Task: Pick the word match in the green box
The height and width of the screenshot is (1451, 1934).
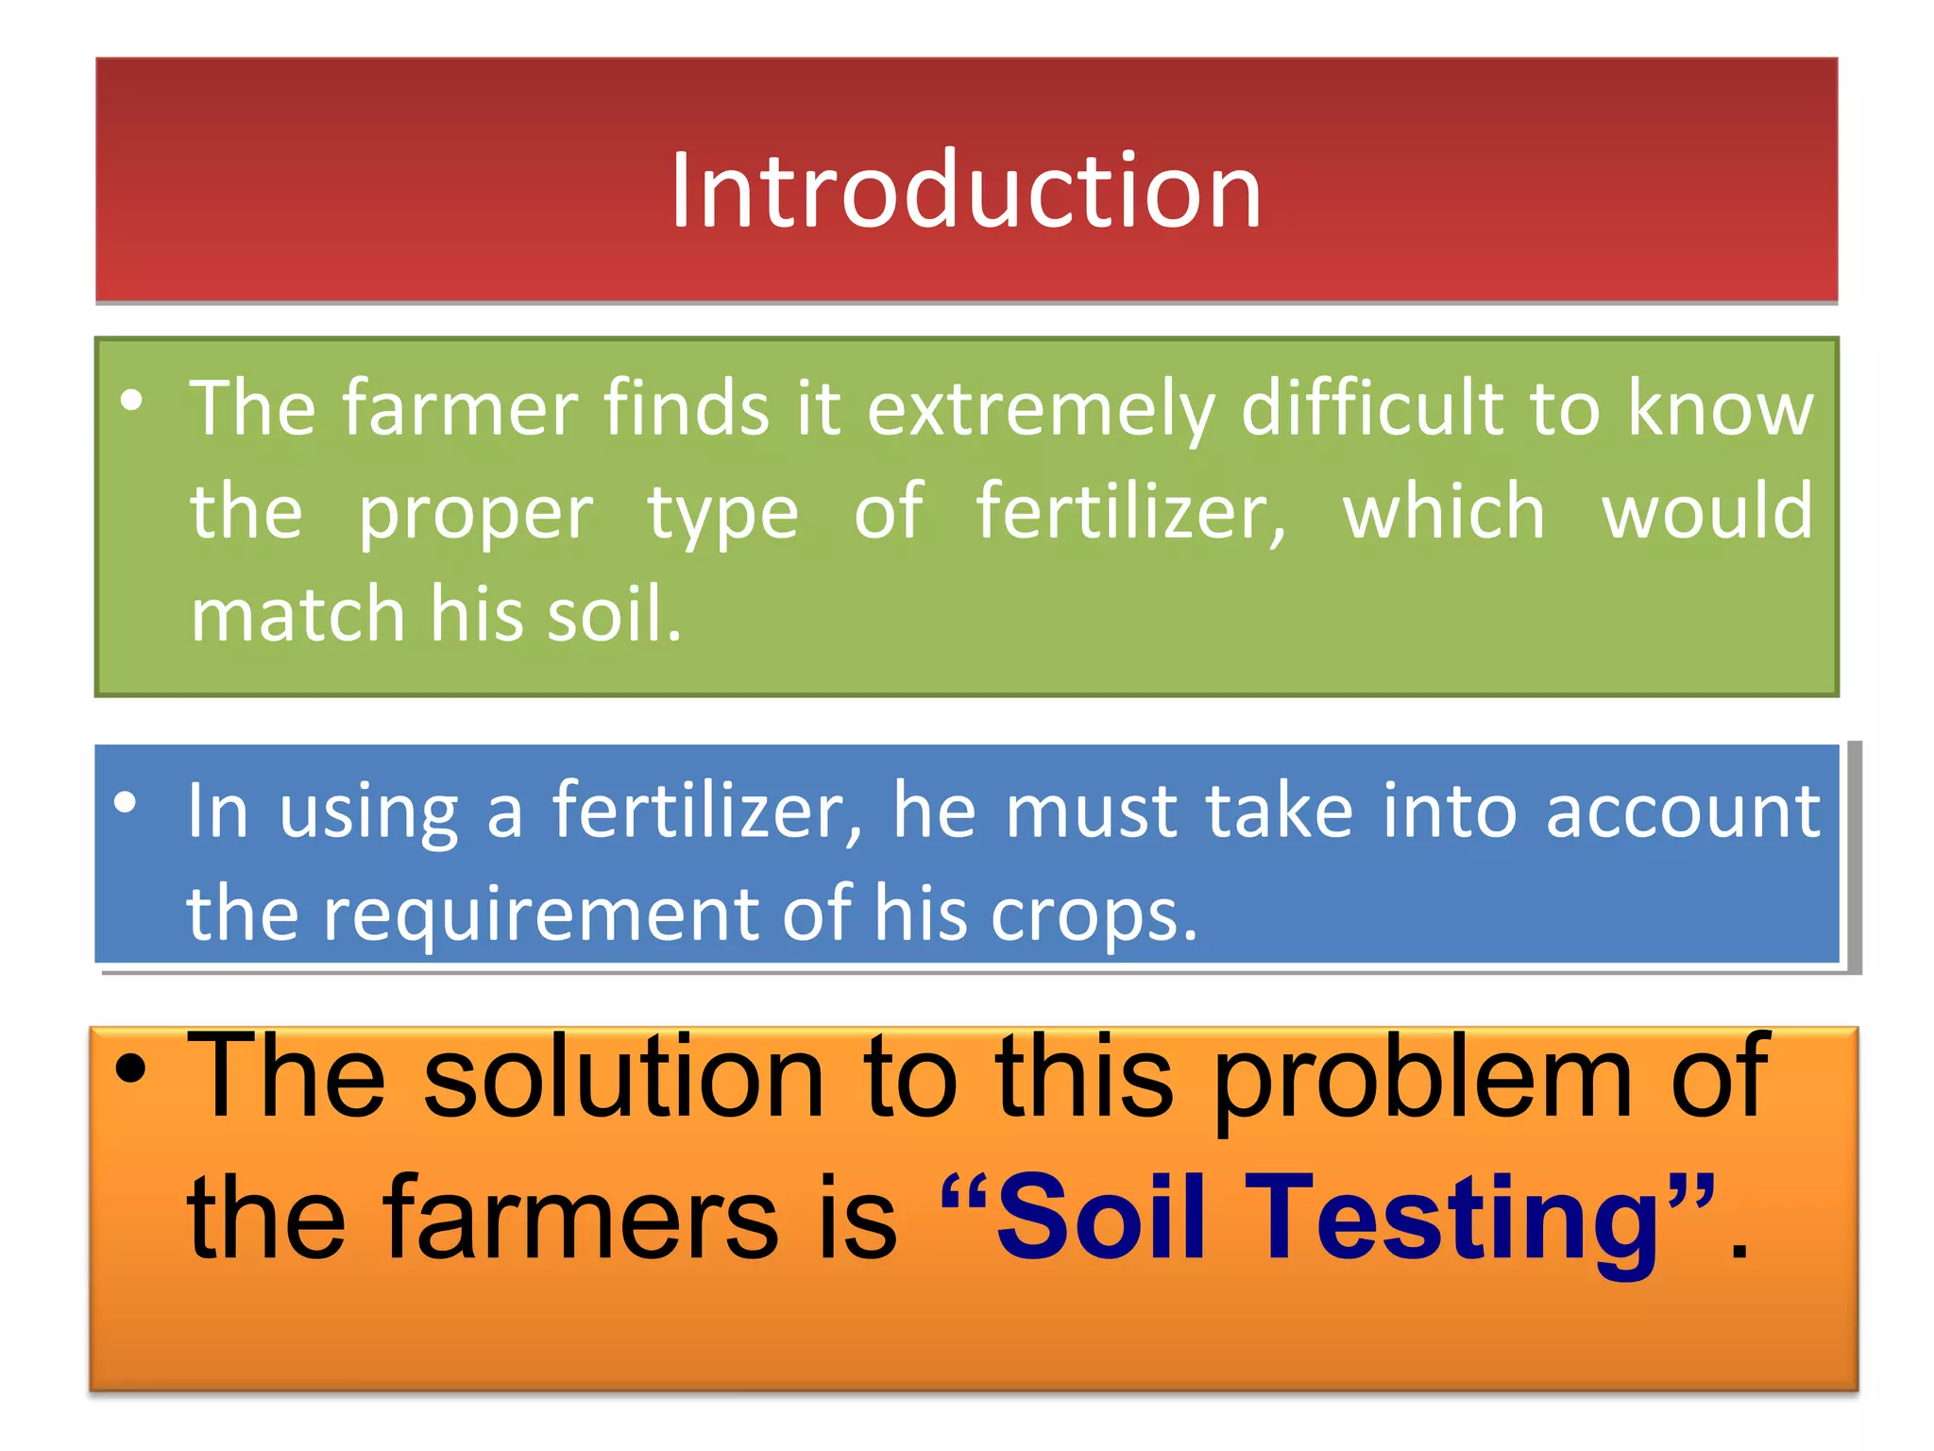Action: (x=297, y=614)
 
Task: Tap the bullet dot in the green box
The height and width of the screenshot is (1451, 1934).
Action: (x=132, y=401)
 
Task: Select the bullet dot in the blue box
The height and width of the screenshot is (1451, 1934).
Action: (x=126, y=804)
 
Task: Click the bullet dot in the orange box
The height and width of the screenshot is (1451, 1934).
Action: (x=131, y=1069)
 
